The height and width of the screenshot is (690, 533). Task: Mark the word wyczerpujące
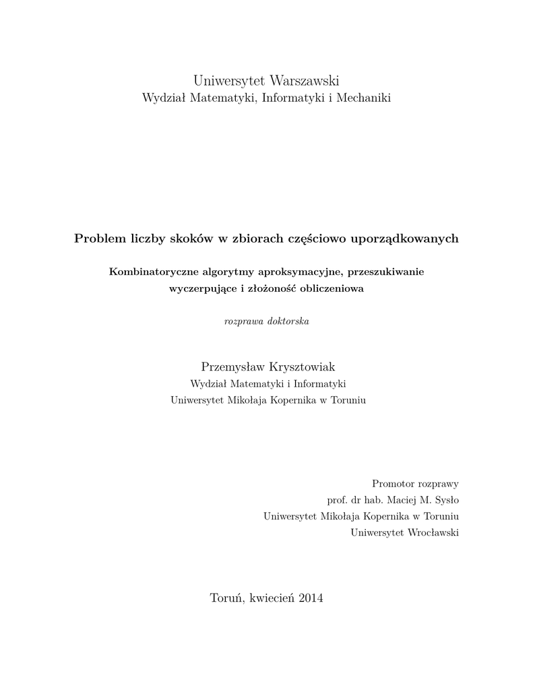tap(199, 289)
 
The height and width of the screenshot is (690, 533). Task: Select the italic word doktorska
tap(288, 321)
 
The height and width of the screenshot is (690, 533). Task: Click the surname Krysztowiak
tap(302, 367)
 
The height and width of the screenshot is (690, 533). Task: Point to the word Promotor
tap(393, 484)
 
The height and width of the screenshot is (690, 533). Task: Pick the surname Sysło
tap(446, 501)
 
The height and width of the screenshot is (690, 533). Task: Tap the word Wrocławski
tap(433, 533)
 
